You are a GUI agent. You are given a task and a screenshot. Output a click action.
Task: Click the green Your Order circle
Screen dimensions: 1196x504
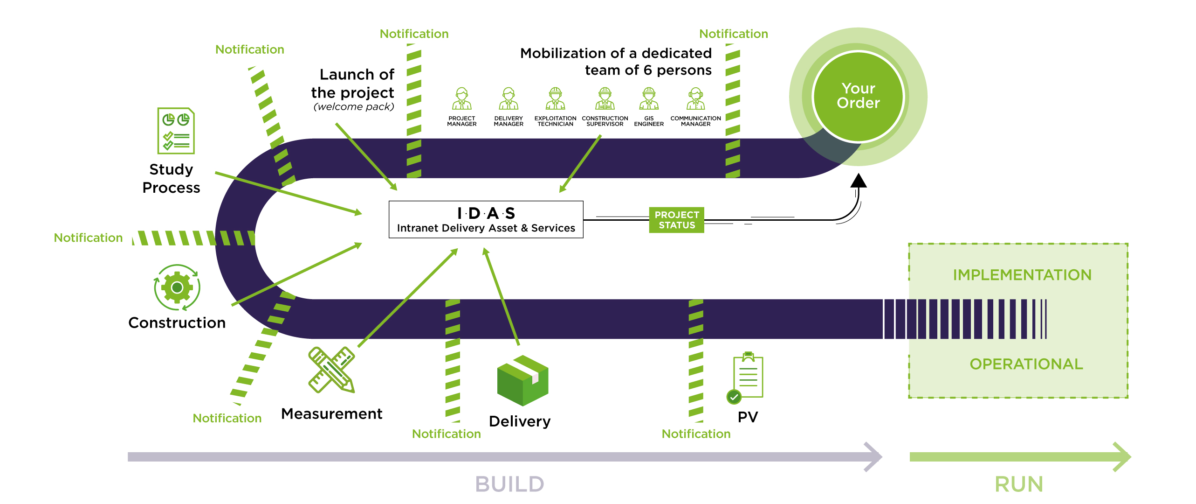pyautogui.click(x=858, y=97)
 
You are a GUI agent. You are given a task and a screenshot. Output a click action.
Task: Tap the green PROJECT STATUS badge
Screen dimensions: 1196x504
pyautogui.click(x=677, y=220)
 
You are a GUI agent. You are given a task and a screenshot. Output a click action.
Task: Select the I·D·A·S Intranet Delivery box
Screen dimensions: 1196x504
pyautogui.click(x=486, y=219)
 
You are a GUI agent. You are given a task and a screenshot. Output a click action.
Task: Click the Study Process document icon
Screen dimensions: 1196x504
pyautogui.click(x=176, y=131)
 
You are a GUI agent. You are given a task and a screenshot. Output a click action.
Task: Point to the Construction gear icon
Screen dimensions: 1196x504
pyautogui.click(x=177, y=287)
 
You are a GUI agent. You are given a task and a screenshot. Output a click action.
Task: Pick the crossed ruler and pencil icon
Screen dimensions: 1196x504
pyautogui.click(x=331, y=370)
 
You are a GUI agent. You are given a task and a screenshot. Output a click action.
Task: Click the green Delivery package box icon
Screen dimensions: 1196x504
pyautogui.click(x=522, y=380)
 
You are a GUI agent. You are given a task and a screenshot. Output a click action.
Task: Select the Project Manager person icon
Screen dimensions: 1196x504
pyautogui.click(x=462, y=98)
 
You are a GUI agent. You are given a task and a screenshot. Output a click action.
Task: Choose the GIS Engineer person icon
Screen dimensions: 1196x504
pyautogui.click(x=649, y=98)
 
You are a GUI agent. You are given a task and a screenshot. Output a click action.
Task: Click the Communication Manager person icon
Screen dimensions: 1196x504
pyautogui.click(x=695, y=98)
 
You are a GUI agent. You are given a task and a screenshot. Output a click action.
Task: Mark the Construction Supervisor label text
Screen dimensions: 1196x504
pyautogui.click(x=605, y=121)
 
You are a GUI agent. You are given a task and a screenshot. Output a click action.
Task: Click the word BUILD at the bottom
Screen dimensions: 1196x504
pyautogui.click(x=510, y=484)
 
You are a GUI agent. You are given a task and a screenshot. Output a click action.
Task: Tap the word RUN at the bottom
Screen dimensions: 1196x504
pyautogui.click(x=1019, y=484)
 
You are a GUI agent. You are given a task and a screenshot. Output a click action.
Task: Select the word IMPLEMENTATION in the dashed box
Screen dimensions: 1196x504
pyautogui.click(x=1022, y=275)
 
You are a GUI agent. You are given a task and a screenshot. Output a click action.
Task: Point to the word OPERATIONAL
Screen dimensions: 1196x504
pyautogui.click(x=1026, y=364)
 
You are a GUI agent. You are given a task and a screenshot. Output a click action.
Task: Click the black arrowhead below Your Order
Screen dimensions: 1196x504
pyautogui.click(x=858, y=181)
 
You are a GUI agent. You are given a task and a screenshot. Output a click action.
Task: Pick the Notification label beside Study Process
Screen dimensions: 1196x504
pyautogui.click(x=88, y=238)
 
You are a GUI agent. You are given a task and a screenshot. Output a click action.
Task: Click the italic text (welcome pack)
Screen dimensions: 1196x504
pyautogui.click(x=354, y=107)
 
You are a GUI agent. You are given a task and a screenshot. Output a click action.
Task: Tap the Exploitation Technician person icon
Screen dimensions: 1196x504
pyautogui.click(x=555, y=98)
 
